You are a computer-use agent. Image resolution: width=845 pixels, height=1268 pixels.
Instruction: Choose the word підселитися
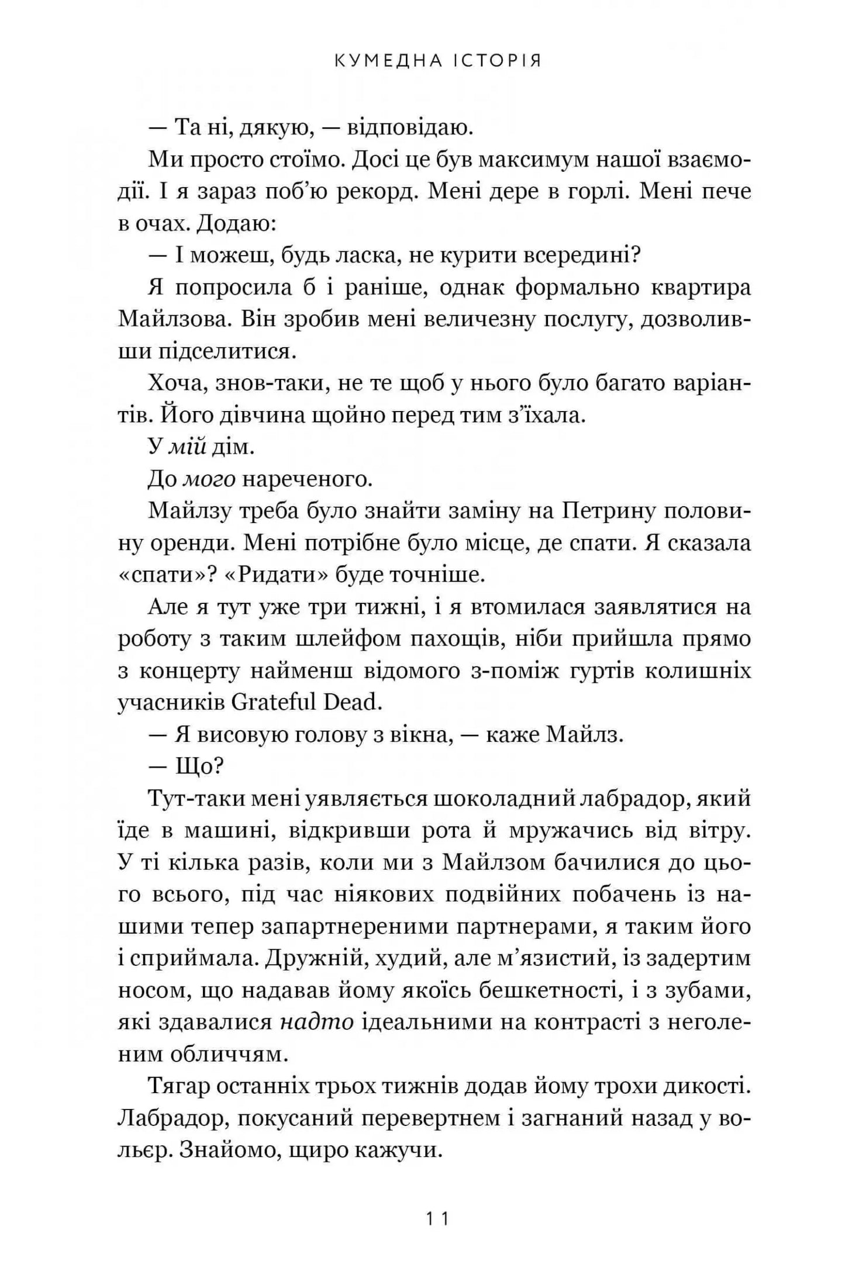tap(212, 351)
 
